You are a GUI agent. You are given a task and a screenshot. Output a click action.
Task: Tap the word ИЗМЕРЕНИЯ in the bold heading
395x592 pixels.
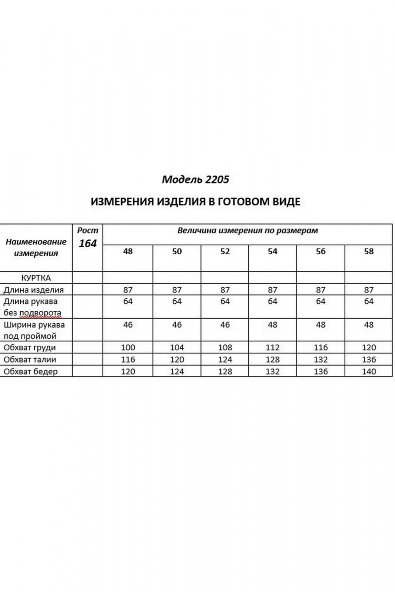(x=122, y=202)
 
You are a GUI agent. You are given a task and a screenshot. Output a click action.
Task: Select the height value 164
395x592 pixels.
(x=88, y=243)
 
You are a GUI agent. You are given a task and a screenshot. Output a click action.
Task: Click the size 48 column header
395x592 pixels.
(x=128, y=251)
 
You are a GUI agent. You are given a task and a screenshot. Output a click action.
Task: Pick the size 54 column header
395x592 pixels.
(x=273, y=251)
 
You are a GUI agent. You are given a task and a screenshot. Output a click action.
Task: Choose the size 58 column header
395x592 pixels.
(x=369, y=251)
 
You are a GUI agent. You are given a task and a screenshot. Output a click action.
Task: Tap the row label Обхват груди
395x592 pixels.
(x=31, y=347)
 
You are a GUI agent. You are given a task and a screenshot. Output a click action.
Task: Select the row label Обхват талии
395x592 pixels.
(x=31, y=360)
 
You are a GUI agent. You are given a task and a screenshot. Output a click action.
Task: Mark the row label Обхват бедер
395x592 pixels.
(x=31, y=371)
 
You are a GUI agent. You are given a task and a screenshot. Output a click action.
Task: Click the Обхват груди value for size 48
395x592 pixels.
(x=128, y=348)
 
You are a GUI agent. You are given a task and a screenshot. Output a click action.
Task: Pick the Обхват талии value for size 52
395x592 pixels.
(x=225, y=360)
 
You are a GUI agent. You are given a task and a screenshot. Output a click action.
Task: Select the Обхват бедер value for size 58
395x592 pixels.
(x=369, y=371)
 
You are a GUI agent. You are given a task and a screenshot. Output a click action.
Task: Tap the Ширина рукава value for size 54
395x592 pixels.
(x=273, y=325)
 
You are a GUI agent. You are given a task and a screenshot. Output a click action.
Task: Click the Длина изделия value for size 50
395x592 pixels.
(x=177, y=290)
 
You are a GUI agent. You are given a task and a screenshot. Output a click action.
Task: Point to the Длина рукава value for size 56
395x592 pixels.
(x=321, y=301)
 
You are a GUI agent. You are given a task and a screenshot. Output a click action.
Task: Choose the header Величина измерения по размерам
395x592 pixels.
(x=248, y=230)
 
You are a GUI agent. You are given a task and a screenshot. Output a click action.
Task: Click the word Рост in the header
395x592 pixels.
(x=88, y=230)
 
